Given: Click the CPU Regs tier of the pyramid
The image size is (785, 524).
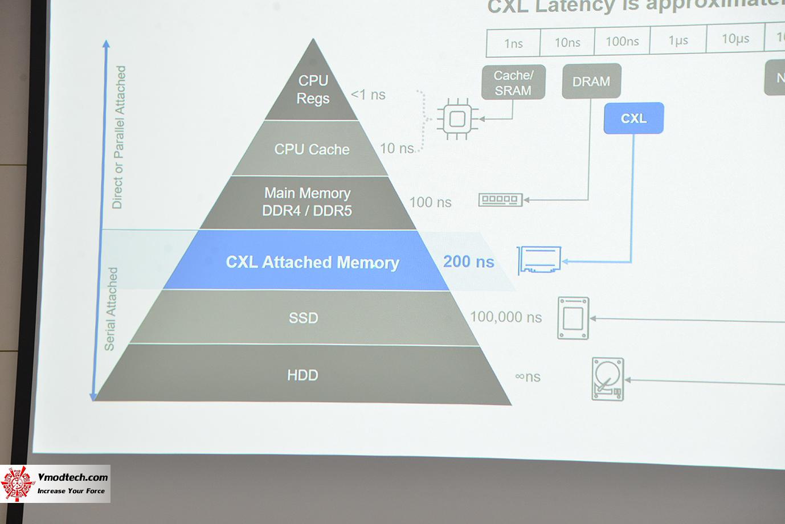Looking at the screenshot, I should [313, 89].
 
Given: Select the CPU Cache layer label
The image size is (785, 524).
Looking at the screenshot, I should [312, 149].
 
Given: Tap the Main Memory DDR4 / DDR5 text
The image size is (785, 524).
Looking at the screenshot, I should [307, 202].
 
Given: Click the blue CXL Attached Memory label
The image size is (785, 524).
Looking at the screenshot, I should [312, 262].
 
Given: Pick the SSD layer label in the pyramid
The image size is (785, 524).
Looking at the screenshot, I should [303, 318].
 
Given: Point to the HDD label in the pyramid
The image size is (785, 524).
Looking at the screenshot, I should [302, 375].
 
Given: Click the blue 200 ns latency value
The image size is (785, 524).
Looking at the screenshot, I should [468, 261].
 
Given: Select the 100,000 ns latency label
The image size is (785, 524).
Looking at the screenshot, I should [506, 317].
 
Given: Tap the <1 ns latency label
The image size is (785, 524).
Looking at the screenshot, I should [368, 95].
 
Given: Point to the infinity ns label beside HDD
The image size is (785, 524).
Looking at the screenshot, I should [528, 376].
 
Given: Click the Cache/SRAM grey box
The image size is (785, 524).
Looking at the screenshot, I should [513, 83].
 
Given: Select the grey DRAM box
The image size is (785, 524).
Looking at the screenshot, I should [591, 81].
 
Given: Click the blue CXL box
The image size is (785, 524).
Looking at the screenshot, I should [633, 118].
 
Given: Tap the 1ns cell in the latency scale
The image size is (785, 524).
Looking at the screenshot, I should [513, 43].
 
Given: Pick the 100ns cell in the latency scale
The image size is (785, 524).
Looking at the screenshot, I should [622, 41].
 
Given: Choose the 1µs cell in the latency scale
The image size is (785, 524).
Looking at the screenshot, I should [678, 40].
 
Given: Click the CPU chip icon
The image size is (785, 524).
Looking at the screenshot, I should [457, 119].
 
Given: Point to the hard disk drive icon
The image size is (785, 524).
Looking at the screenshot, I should [608, 379].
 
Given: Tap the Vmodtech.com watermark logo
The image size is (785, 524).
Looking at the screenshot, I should [55, 484].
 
